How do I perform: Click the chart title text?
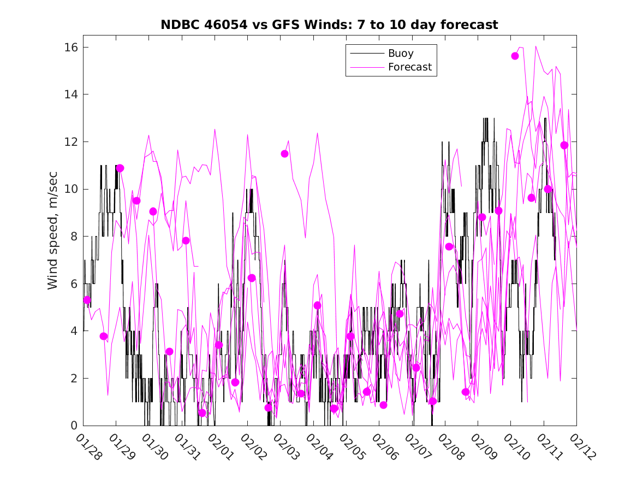pyautogui.click(x=329, y=25)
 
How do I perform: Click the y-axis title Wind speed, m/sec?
pyautogui.click(x=52, y=237)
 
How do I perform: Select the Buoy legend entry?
pyautogui.click(x=400, y=54)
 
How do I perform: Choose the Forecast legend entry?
pyautogui.click(x=409, y=67)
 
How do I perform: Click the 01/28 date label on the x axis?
pyautogui.click(x=88, y=447)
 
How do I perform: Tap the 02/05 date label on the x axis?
pyautogui.click(x=350, y=447)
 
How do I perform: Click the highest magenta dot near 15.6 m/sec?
pyautogui.click(x=515, y=56)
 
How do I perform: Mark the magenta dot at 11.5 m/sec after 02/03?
pyautogui.click(x=284, y=154)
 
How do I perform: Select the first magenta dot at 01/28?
pyautogui.click(x=87, y=300)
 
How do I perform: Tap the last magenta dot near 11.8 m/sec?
pyautogui.click(x=564, y=145)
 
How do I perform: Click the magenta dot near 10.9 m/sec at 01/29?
pyautogui.click(x=120, y=168)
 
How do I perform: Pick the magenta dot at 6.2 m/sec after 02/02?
pyautogui.click(x=252, y=278)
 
